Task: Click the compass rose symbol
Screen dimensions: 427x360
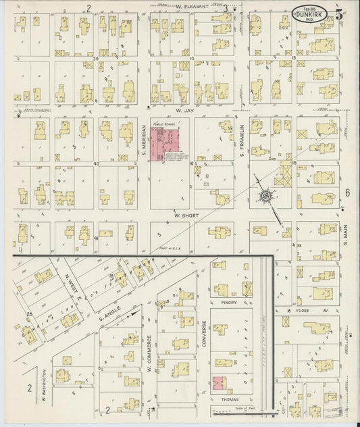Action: (266, 197)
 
